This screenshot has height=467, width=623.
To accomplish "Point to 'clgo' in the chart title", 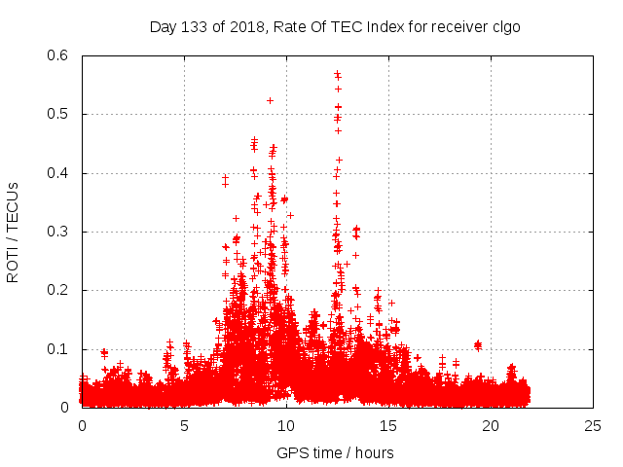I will point(503,27).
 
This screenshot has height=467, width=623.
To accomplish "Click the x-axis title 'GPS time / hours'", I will point(335,452).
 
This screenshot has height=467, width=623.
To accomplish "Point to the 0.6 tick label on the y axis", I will point(60,55).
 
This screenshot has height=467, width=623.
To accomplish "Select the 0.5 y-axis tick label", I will point(60,114).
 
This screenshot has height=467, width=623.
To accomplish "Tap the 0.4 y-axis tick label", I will point(60,173).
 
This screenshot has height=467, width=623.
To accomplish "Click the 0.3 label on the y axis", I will point(60,232).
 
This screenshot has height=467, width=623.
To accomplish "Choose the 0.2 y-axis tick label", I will point(60,290).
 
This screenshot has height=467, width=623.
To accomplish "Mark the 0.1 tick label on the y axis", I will point(60,348).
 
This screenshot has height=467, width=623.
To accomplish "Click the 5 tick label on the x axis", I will point(184,425).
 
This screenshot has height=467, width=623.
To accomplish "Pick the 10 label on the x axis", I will point(286,425).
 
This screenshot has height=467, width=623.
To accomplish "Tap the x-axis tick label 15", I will point(388,425).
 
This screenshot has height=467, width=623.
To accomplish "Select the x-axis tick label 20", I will point(491,425).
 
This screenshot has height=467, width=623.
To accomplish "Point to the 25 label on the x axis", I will point(593,425).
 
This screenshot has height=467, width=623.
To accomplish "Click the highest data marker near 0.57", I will point(337,73).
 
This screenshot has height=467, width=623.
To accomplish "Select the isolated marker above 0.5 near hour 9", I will point(270,100).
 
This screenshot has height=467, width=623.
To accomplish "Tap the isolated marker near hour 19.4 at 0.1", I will point(478,344).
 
